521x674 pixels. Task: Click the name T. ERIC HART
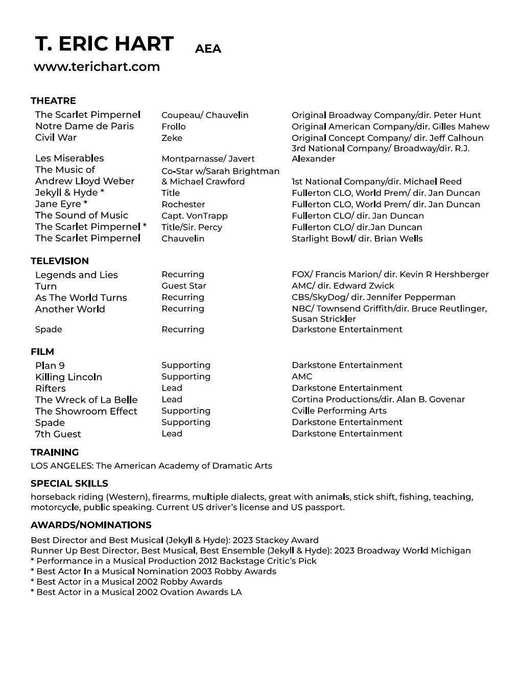104,44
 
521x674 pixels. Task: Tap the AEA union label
208,49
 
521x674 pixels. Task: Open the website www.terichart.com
97,67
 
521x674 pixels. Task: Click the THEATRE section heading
53,101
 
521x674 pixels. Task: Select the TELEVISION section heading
60,261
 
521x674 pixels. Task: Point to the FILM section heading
42,352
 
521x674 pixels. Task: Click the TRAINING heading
55,452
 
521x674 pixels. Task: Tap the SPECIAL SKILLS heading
69,484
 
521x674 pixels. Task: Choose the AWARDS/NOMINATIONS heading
91,525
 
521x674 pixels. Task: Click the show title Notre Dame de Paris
84,126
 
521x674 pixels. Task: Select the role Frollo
174,127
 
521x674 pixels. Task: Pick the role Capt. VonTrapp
195,216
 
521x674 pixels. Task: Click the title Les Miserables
69,158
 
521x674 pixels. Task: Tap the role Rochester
183,204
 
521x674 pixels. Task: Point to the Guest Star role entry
184,286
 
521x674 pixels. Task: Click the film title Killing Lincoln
68,377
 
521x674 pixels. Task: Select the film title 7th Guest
58,434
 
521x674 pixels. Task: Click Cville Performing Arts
339,411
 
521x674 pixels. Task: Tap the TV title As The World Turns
81,298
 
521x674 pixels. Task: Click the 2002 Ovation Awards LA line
136,592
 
